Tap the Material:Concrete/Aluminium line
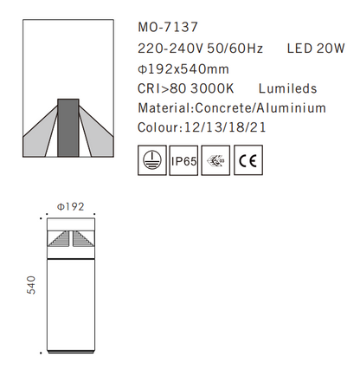coord(232,108)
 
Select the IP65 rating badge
coord(183,160)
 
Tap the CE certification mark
coord(248,160)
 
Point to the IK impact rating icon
coord(215,160)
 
